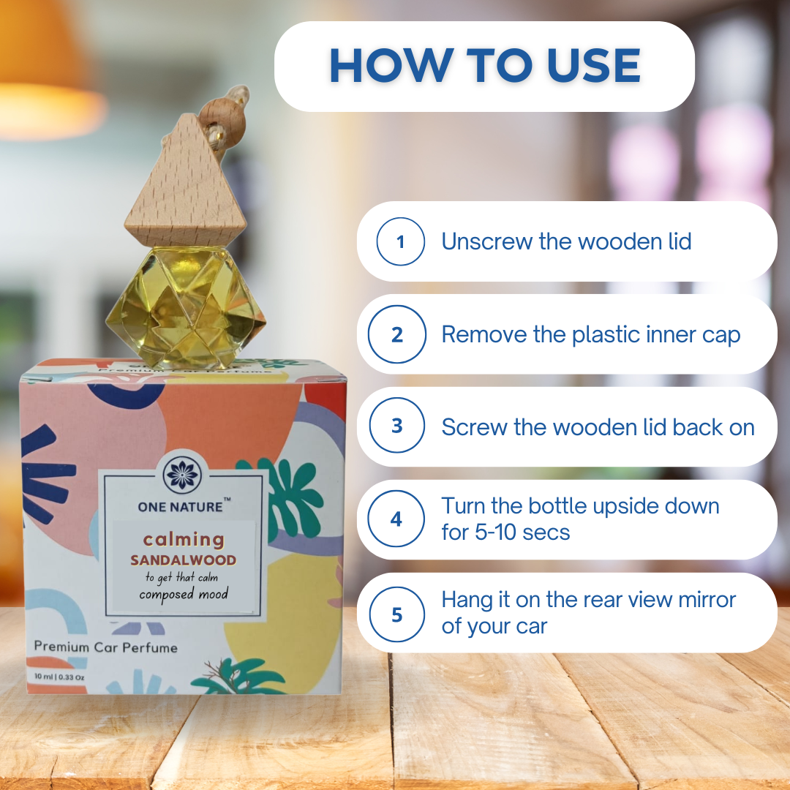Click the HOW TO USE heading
[484, 66]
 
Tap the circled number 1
[400, 241]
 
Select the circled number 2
[397, 334]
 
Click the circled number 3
[397, 426]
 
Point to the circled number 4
[396, 519]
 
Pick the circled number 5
[397, 613]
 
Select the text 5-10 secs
[505, 532]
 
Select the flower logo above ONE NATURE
[183, 474]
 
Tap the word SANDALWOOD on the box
[183, 560]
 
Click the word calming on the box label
[183, 540]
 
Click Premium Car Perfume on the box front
[105, 647]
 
